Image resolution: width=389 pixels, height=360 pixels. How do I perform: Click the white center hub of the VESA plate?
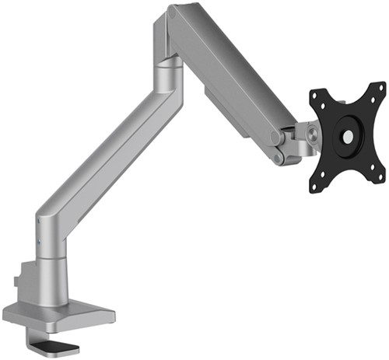coord(347,136)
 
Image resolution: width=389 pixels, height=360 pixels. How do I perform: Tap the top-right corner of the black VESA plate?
coord(379,89)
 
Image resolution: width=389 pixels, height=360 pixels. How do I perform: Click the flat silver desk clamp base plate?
coord(58,315)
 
